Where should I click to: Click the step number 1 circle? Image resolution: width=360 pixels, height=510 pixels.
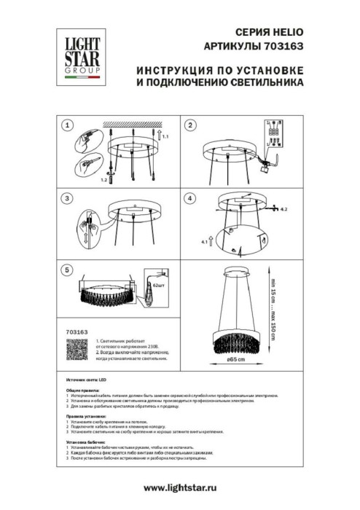(x=68, y=126)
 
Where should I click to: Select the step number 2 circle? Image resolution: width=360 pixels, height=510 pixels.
(x=190, y=126)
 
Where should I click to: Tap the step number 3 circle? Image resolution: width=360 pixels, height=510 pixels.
(x=68, y=198)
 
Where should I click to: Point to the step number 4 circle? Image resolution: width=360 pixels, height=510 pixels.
(x=190, y=198)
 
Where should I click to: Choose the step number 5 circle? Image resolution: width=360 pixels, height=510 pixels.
(x=68, y=270)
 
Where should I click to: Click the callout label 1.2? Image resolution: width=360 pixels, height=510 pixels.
(x=104, y=178)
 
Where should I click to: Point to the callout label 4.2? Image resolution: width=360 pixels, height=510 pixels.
(x=285, y=209)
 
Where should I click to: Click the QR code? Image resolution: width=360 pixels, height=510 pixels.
(x=69, y=352)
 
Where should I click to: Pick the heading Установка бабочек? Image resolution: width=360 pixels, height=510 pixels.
(x=86, y=442)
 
